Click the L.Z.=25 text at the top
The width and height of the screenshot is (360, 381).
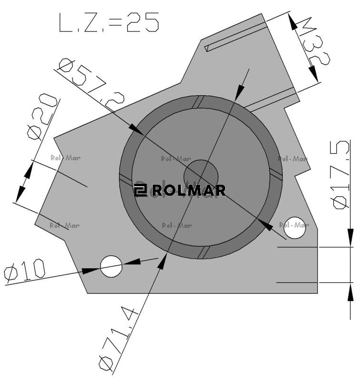[108, 23]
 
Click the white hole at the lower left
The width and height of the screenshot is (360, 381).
[112, 266]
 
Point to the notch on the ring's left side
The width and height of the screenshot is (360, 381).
[125, 179]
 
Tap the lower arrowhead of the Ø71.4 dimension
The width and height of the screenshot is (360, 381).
[163, 260]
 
